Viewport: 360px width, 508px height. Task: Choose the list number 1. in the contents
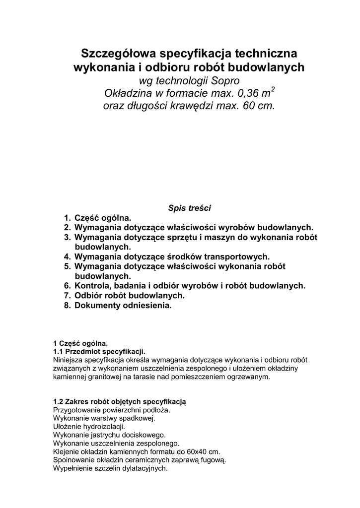pos(68,218)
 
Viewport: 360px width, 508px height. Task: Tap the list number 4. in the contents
pos(68,256)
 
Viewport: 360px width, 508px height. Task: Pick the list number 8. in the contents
pos(68,306)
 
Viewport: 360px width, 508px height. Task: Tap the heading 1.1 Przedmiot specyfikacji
pos(99,351)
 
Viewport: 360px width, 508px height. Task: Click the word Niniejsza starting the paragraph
pos(68,360)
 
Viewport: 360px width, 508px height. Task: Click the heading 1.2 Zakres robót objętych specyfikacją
pos(119,401)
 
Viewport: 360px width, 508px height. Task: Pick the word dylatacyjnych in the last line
pos(144,468)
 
